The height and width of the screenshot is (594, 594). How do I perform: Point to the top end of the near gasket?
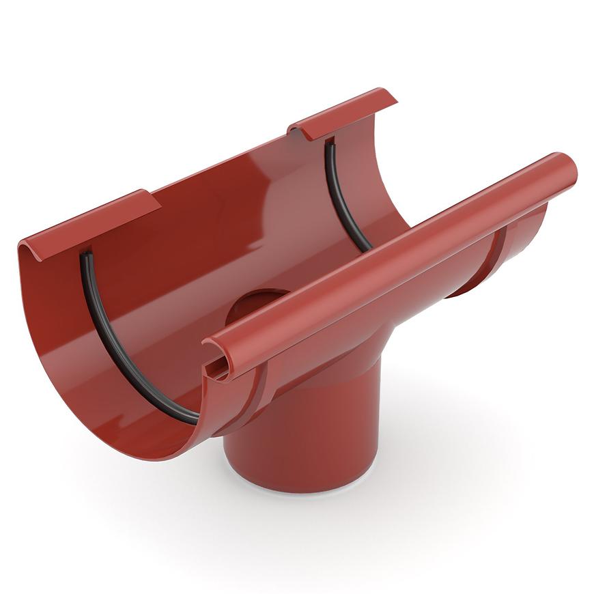click(86, 256)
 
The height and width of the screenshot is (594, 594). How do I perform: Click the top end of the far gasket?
click(329, 143)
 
